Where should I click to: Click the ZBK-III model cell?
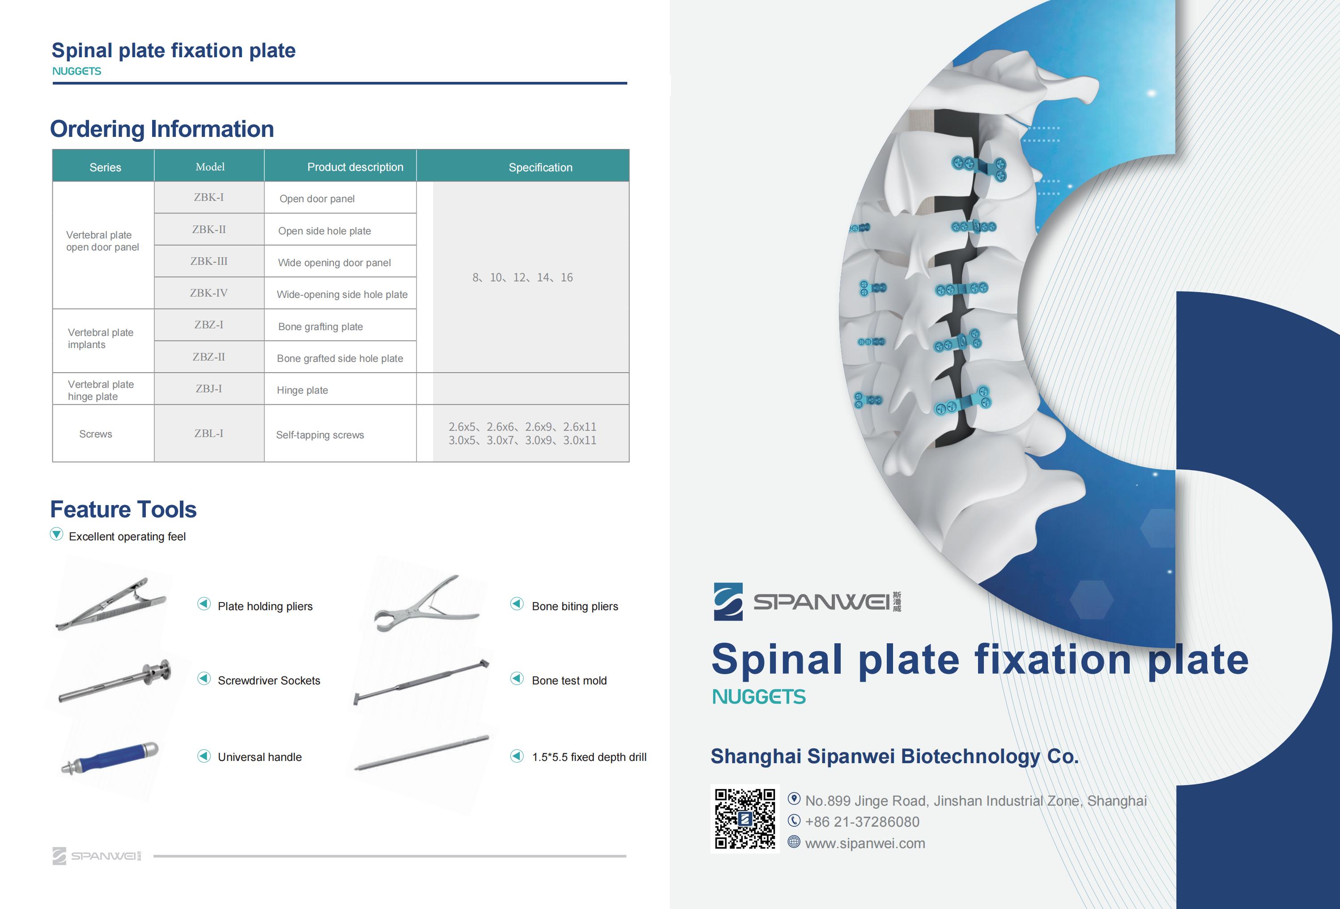[209, 261]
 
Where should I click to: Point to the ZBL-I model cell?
[209, 433]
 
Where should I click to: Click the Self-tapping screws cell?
[340, 434]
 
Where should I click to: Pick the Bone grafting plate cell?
[340, 326]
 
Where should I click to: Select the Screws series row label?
[96, 434]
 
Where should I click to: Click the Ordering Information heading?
[162, 129]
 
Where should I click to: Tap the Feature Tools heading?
[123, 510]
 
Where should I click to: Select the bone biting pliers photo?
[425, 603]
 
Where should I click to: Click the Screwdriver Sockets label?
[269, 681]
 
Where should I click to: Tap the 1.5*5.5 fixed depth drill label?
[589, 757]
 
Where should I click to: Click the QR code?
[745, 819]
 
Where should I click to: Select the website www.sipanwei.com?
[865, 843]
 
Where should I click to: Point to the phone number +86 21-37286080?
[862, 822]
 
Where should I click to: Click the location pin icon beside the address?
[794, 799]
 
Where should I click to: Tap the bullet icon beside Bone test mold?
[517, 679]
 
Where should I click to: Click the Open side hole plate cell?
[340, 230]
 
